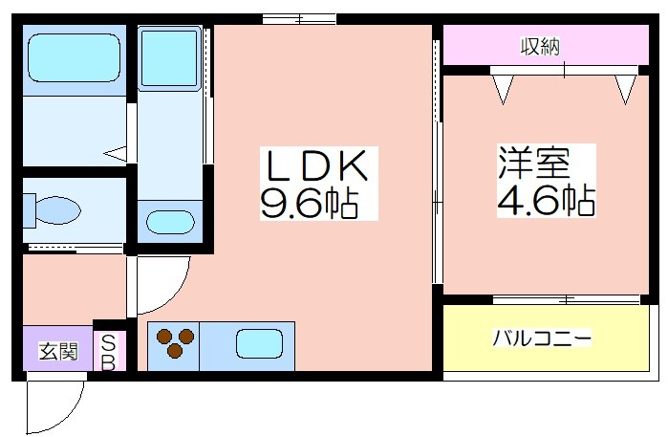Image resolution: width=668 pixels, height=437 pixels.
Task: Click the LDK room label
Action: coord(316,165)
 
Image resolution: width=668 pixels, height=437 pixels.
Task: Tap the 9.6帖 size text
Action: coord(309,203)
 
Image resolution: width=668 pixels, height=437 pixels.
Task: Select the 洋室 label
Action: coord(534,162)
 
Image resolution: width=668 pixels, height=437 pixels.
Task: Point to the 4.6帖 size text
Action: coord(547,200)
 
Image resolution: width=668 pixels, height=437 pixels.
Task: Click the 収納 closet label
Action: coord(540,46)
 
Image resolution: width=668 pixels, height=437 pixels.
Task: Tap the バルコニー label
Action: coord(542,339)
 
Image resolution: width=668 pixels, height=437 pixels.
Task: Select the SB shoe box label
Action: coord(109,353)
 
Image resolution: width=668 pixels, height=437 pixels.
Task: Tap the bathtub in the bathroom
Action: coord(75,57)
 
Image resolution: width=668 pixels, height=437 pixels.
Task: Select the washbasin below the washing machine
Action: coord(170,222)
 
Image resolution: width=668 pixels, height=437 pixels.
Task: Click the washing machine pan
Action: coord(169,58)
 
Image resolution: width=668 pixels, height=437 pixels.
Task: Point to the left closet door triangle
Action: coord(503,90)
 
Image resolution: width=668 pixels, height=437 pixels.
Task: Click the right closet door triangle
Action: coord(625,90)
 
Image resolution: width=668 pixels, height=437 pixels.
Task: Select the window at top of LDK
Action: coord(299,19)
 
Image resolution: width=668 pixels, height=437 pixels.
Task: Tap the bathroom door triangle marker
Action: coord(116,154)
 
